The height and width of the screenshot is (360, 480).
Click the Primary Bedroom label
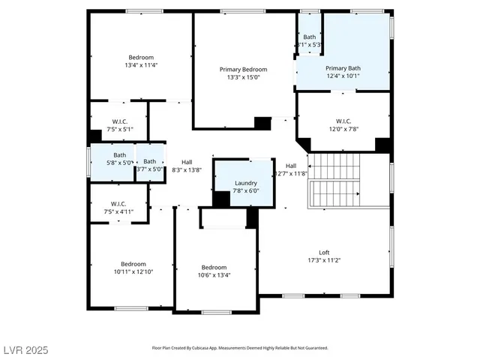pos(243,69)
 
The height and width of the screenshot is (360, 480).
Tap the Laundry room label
pos(246,183)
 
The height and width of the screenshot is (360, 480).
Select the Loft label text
pos(325,253)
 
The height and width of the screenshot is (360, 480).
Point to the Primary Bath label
pos(343,67)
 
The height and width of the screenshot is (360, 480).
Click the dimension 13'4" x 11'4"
pos(141,65)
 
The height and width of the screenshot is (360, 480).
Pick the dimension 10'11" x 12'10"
pos(133,271)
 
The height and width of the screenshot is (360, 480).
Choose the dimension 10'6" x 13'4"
pos(214,275)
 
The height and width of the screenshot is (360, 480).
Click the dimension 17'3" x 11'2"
pos(325,260)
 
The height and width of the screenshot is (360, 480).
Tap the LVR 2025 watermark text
pos(26,350)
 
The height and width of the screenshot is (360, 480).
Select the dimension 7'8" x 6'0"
pos(246,190)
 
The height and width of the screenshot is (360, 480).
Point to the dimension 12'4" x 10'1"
pos(343,75)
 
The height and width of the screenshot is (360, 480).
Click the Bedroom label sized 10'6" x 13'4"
pos(214,268)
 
